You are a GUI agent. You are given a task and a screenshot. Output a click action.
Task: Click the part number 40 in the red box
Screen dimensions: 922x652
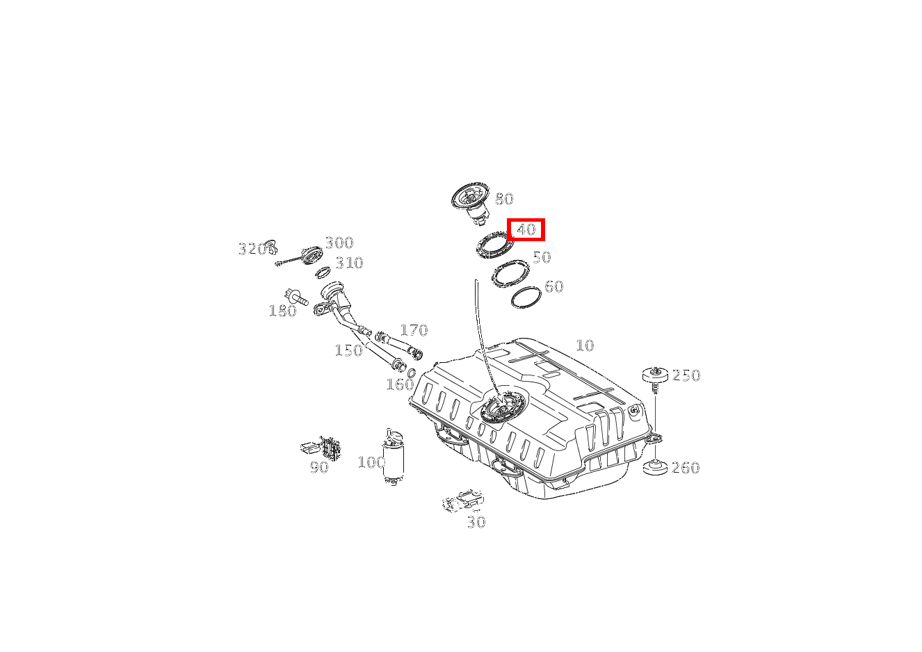[526, 229]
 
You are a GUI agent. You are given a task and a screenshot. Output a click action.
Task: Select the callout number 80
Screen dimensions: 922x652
[504, 199]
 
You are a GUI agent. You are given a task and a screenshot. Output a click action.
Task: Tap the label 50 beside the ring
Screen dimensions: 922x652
[542, 257]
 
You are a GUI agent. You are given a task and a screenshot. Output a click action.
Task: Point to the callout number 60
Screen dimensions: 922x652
[554, 286]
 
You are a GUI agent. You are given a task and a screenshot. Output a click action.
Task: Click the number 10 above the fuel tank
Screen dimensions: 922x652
[585, 345]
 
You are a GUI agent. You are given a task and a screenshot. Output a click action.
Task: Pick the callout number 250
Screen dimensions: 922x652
[686, 375]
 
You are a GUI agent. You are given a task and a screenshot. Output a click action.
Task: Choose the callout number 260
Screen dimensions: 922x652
[686, 468]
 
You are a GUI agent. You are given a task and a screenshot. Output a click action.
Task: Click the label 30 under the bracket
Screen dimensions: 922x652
[476, 523]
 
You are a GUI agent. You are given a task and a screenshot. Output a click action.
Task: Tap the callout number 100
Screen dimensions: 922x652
[371, 462]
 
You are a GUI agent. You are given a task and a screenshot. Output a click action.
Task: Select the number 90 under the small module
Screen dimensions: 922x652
[319, 467]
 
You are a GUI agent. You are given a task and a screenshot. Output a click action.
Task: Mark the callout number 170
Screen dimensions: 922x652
[414, 330]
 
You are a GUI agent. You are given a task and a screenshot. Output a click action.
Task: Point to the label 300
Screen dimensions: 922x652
[339, 243]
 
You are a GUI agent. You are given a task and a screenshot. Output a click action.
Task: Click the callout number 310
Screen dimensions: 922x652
[350, 263]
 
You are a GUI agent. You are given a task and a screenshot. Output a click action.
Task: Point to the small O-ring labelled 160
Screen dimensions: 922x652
[411, 373]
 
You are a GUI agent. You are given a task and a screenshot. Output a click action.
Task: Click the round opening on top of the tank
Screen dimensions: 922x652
[503, 407]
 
